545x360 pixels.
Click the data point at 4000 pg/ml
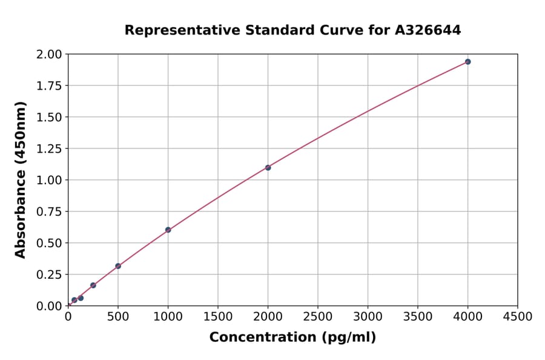click(x=467, y=62)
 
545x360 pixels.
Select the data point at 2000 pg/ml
click(x=268, y=167)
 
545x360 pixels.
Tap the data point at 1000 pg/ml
click(x=168, y=230)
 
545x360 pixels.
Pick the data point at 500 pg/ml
click(x=118, y=266)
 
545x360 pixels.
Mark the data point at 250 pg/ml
click(x=93, y=285)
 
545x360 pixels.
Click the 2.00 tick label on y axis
click(x=50, y=55)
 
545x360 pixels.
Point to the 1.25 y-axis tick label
click(x=50, y=148)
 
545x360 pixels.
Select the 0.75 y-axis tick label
click(x=50, y=212)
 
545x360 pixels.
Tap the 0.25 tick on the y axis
click(x=50, y=275)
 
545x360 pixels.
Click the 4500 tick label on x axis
click(x=517, y=316)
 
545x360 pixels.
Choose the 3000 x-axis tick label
click(x=368, y=316)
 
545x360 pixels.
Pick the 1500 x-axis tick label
click(x=218, y=316)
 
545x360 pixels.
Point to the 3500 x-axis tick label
click(x=417, y=316)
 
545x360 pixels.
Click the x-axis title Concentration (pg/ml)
click(x=292, y=338)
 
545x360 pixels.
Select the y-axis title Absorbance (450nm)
click(x=21, y=180)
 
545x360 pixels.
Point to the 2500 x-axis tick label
click(x=318, y=316)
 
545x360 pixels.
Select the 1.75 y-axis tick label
click(x=50, y=85)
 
